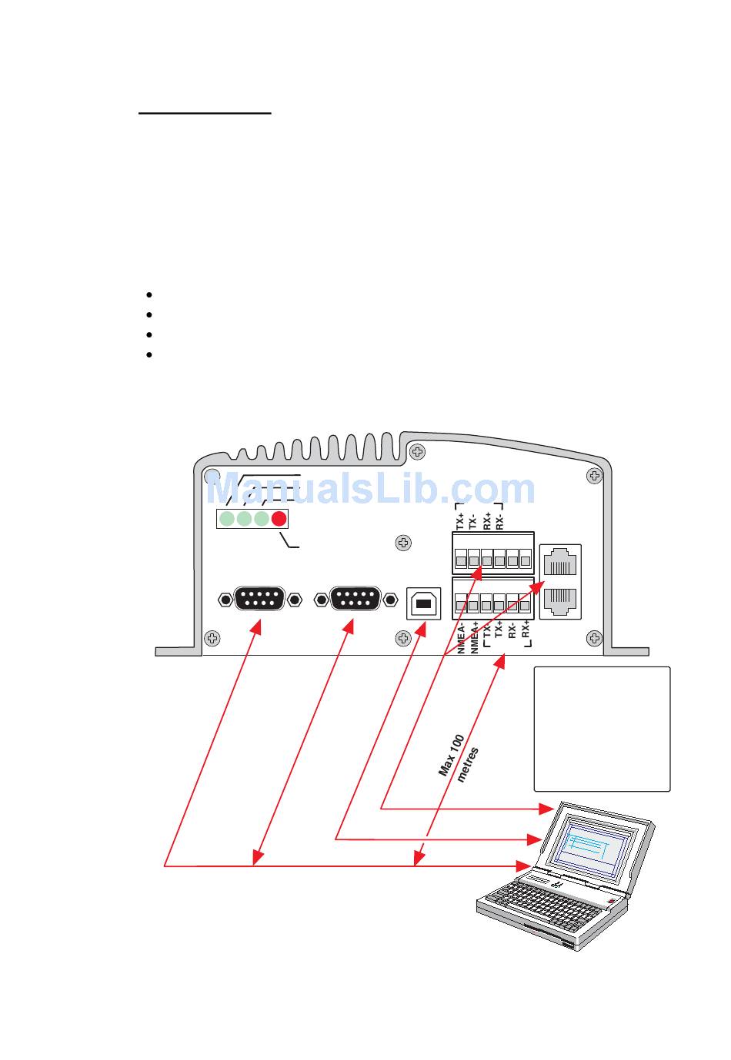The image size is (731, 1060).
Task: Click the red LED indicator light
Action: pyautogui.click(x=279, y=519)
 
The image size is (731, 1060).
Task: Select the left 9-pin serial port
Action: pyautogui.click(x=259, y=598)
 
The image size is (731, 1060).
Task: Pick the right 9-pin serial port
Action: pyautogui.click(x=355, y=598)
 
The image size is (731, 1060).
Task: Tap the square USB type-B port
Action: pyautogui.click(x=423, y=603)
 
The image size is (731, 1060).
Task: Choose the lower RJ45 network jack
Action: pyautogui.click(x=559, y=600)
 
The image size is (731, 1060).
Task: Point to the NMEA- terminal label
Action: pyautogui.click(x=461, y=639)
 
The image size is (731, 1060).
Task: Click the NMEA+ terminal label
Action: pyautogui.click(x=474, y=638)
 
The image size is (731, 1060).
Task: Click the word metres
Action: pyautogui.click(x=469, y=765)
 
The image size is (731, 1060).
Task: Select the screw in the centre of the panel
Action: pyautogui.click(x=402, y=543)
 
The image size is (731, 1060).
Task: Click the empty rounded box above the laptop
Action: pyautogui.click(x=602, y=729)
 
